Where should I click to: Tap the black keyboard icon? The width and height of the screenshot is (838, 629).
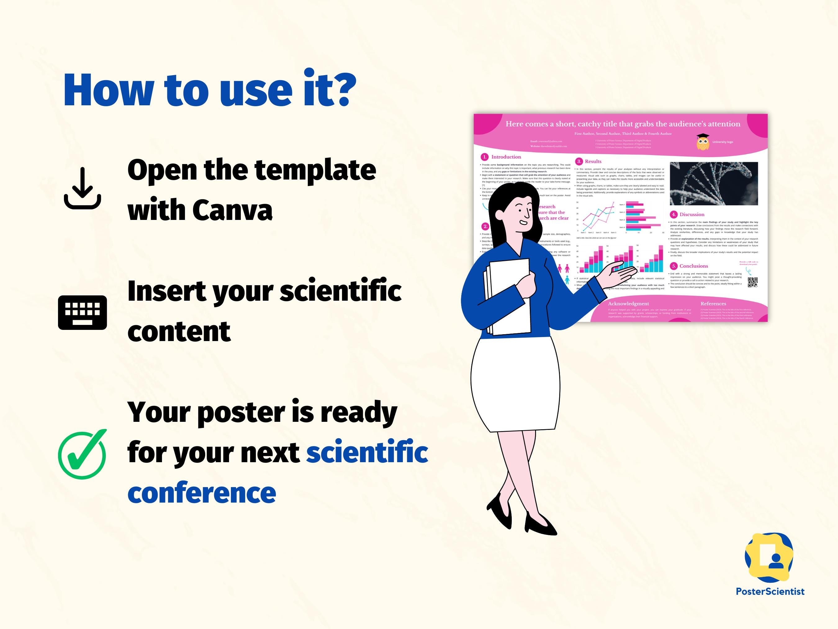pyautogui.click(x=82, y=312)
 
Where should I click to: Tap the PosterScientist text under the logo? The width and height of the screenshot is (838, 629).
pyautogui.click(x=770, y=591)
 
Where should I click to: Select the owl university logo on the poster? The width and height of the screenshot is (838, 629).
pyautogui.click(x=703, y=142)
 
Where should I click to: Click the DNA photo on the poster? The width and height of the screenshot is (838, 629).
pyautogui.click(x=714, y=184)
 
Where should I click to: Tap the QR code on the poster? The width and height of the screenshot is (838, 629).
pyautogui.click(x=752, y=282)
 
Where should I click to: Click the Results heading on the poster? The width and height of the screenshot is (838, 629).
pyautogui.click(x=593, y=162)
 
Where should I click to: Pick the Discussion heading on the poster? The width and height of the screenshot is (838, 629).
pyautogui.click(x=692, y=215)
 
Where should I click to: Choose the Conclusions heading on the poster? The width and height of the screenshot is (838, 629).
pyautogui.click(x=693, y=266)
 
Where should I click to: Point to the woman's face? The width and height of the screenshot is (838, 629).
pyautogui.click(x=523, y=212)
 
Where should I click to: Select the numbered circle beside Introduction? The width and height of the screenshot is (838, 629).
pyautogui.click(x=484, y=157)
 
